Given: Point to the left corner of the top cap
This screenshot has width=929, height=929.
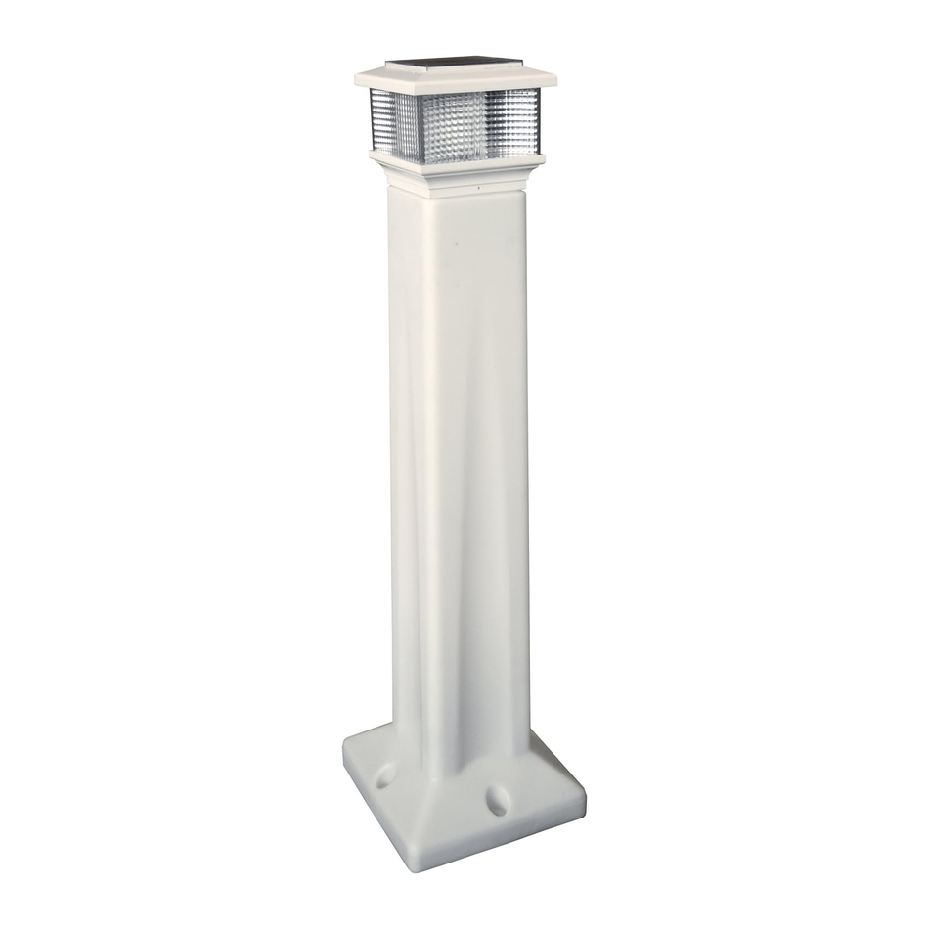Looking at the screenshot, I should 357,74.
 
